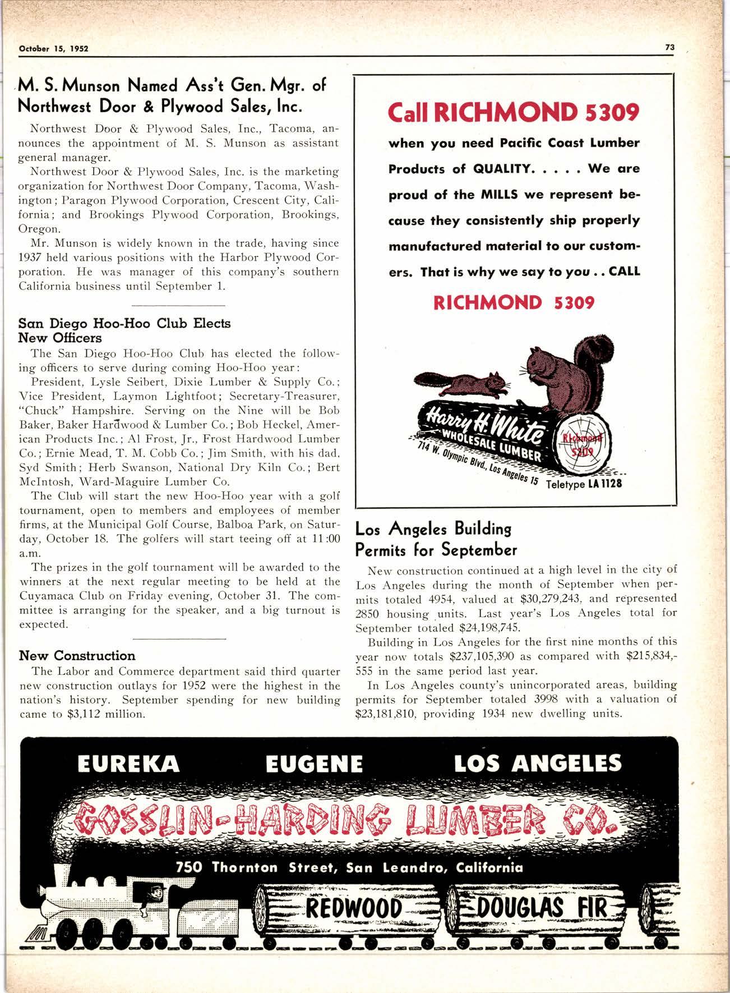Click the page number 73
click(x=669, y=48)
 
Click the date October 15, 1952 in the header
click(x=54, y=49)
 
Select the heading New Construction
click(x=77, y=655)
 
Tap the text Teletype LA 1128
click(x=583, y=484)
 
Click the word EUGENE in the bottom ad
click(x=314, y=764)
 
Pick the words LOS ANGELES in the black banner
click(x=537, y=764)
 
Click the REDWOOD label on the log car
click(x=355, y=908)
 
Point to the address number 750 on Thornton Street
click(x=189, y=867)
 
